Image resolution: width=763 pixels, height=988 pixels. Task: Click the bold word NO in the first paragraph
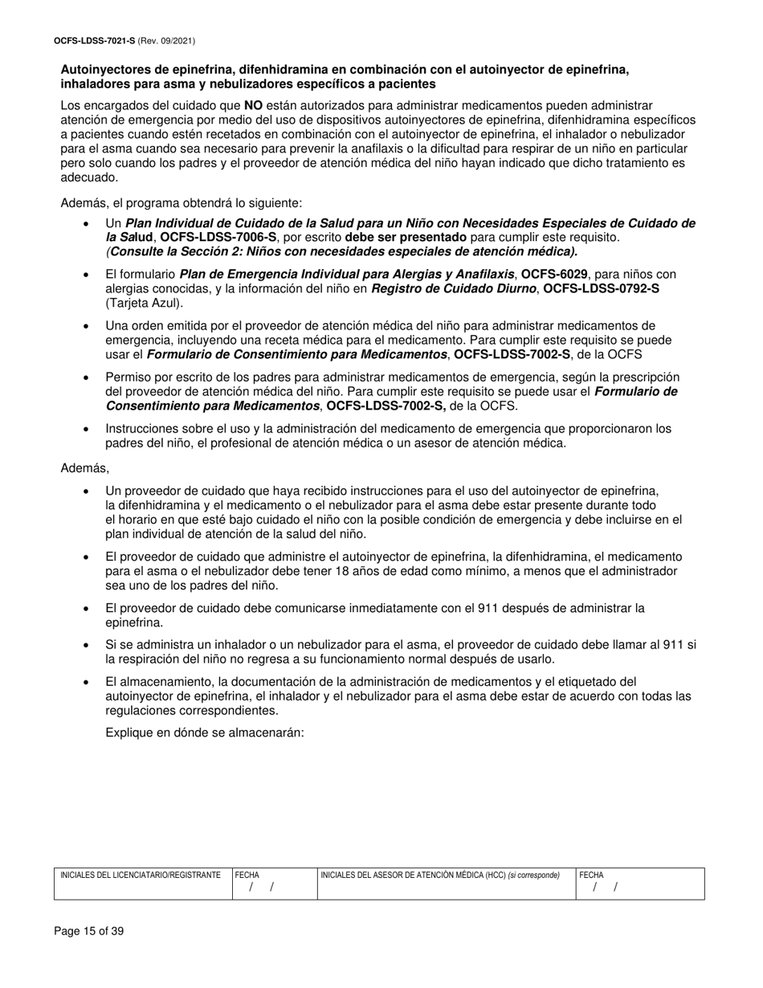coord(253,105)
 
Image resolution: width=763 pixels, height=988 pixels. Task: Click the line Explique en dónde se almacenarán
coord(205,733)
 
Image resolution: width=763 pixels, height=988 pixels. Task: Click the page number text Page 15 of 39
coord(88,932)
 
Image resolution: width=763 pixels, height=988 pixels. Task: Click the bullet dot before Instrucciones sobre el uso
coord(87,429)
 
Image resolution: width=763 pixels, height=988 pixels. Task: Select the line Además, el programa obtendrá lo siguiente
coord(181,203)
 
